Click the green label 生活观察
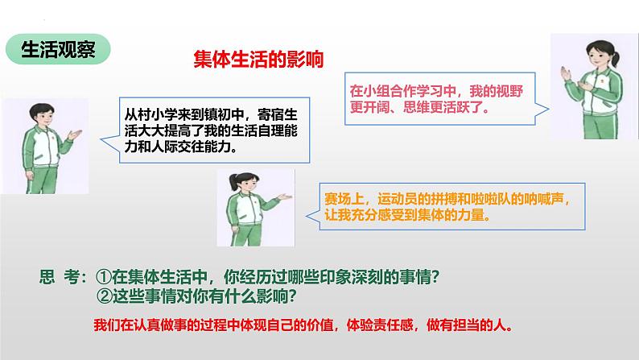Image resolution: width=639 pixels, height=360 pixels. pos(58,49)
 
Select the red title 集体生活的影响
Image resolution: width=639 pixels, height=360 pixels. pos(258,59)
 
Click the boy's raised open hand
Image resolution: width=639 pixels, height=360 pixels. pos(75,134)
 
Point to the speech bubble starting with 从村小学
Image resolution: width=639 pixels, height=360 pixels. pos(214,130)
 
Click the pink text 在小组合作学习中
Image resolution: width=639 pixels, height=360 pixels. pos(402,91)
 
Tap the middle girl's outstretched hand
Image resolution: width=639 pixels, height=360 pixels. pos(284,197)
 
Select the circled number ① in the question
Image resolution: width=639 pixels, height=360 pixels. pos(104,277)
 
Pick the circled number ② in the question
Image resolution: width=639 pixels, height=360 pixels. pos(105,296)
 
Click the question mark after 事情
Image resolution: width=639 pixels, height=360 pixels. pos(435,278)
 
